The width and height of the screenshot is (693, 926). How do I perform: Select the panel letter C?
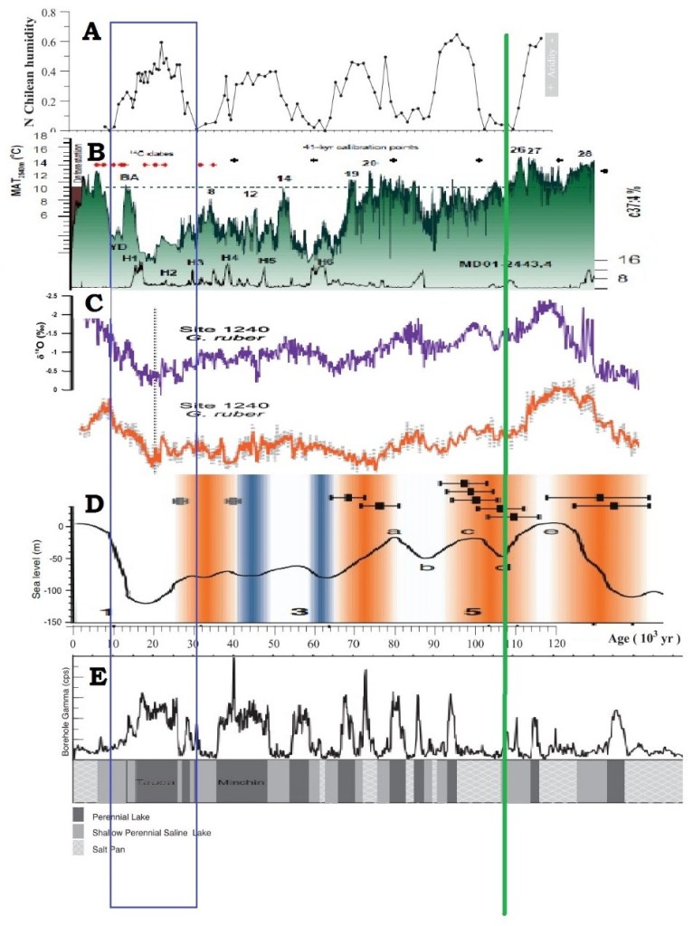[x=93, y=305]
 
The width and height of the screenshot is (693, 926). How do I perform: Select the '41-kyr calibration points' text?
[x=359, y=145]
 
